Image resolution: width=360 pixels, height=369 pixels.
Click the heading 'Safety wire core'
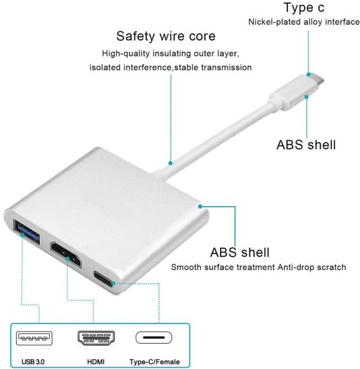(x=166, y=36)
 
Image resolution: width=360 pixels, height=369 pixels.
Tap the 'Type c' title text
(x=304, y=7)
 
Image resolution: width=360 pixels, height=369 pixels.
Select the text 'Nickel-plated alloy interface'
(x=304, y=22)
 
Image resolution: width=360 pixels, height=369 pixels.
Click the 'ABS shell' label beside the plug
(x=306, y=145)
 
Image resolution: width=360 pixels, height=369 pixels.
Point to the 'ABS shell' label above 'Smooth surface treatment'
(x=240, y=253)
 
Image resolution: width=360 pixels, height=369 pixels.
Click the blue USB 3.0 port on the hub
(x=26, y=232)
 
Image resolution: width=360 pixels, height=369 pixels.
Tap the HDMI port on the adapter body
(x=66, y=255)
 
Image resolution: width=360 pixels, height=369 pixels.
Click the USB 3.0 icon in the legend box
(x=34, y=338)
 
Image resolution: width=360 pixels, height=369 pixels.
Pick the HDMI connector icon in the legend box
(x=96, y=338)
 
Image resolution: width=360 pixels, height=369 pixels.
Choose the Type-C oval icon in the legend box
(x=154, y=338)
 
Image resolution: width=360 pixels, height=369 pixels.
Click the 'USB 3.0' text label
(x=33, y=362)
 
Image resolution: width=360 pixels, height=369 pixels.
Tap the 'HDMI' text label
(x=96, y=362)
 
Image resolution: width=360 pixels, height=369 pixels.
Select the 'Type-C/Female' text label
(x=154, y=362)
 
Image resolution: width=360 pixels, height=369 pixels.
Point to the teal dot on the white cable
(x=170, y=163)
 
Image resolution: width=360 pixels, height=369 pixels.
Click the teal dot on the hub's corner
(x=200, y=207)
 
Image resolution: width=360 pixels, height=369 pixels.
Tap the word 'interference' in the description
(x=148, y=68)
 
